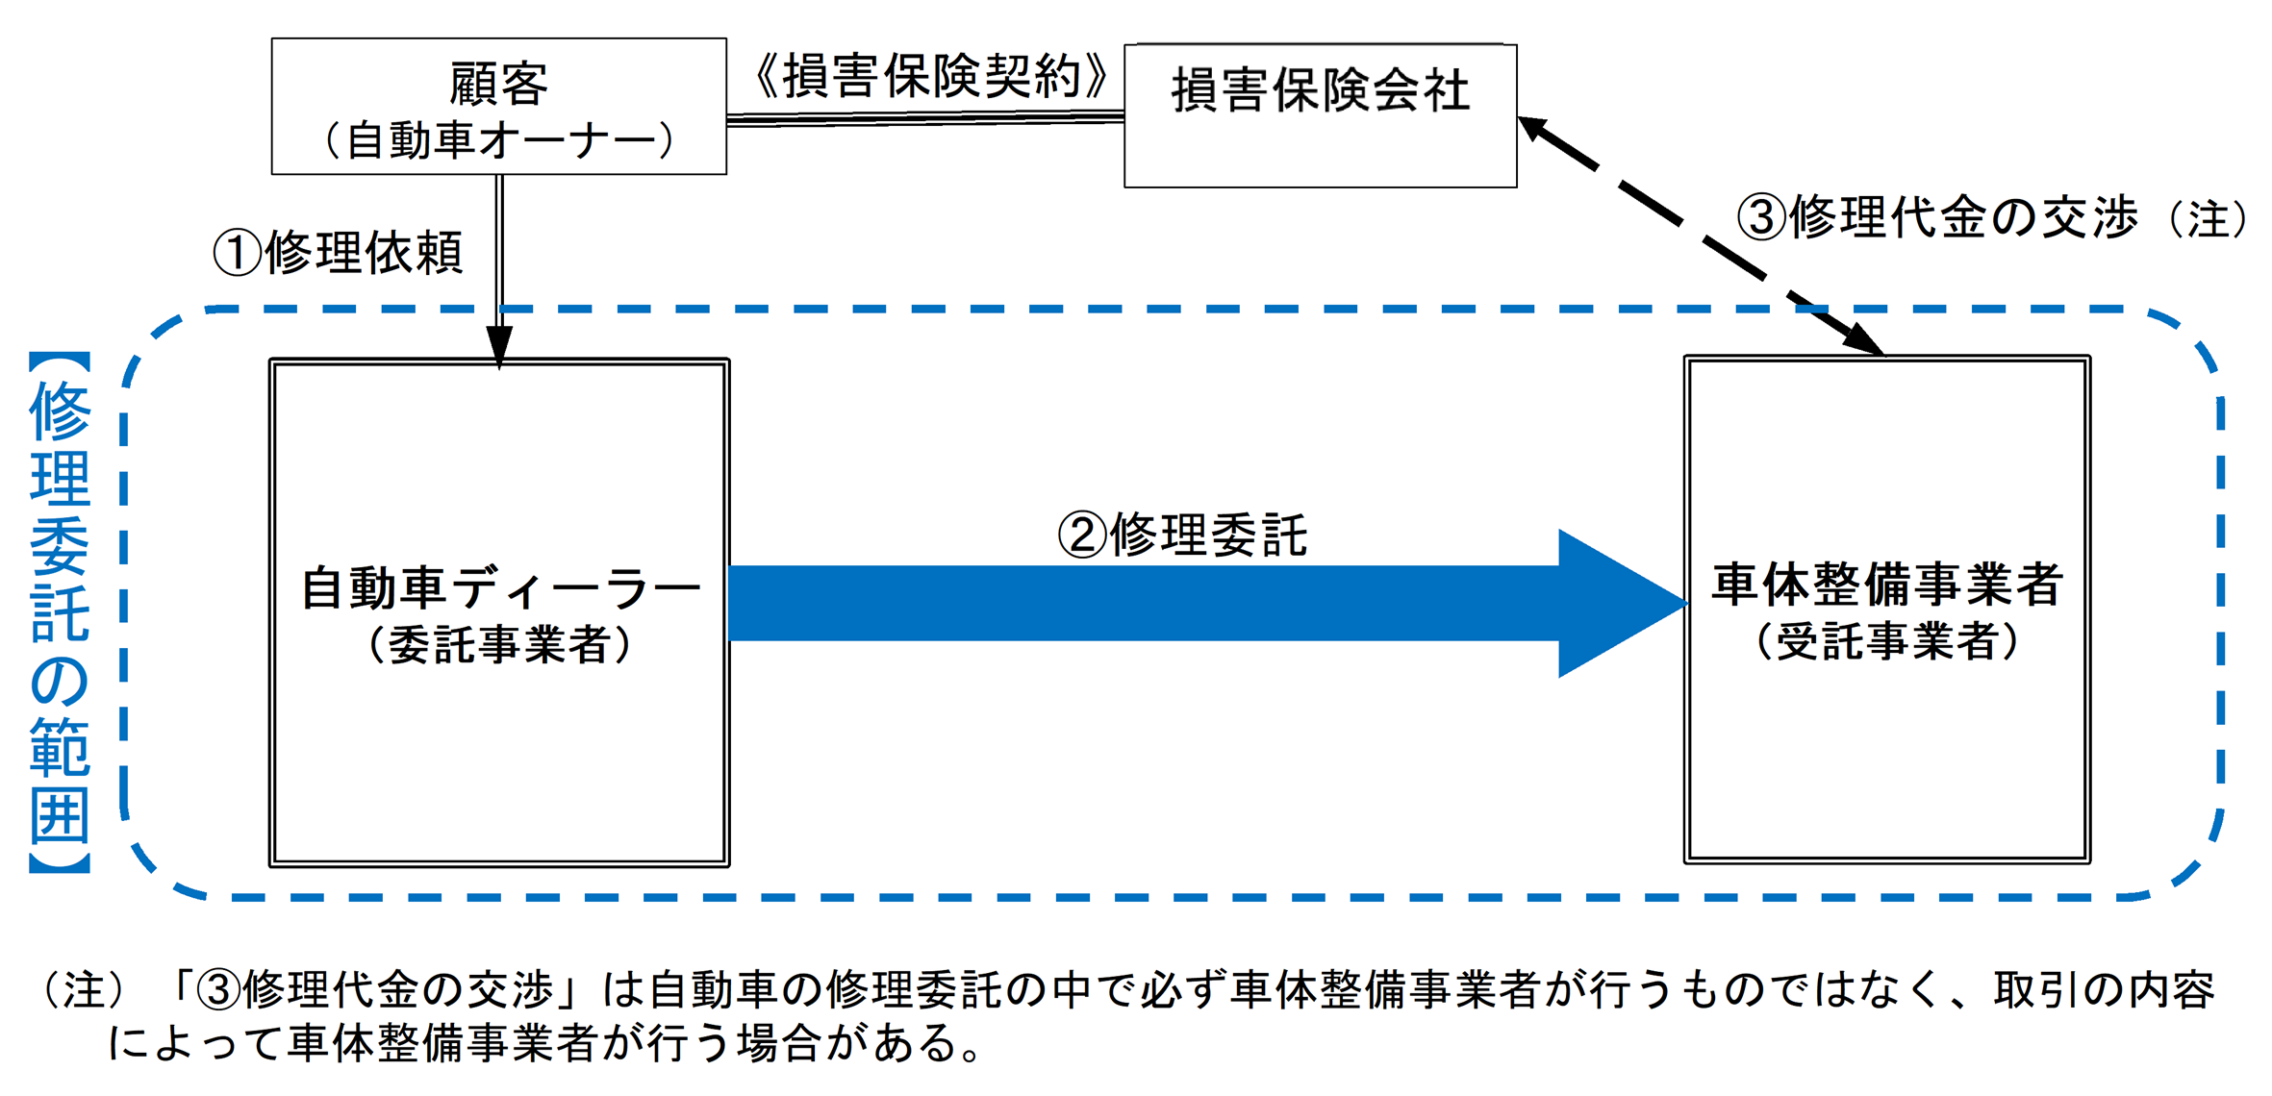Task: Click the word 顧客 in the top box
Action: click(498, 85)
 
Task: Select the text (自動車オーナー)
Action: click(498, 140)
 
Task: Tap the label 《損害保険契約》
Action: click(929, 77)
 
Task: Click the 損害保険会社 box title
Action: click(1320, 91)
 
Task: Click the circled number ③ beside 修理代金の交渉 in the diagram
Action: click(1760, 217)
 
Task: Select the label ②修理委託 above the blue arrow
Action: click(1182, 535)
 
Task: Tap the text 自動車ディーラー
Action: click(500, 588)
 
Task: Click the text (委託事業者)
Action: click(500, 644)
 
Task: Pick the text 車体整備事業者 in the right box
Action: click(1887, 585)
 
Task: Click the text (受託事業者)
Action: click(1887, 641)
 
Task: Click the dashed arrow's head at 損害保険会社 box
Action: click(1534, 128)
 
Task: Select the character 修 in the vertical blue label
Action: click(60, 411)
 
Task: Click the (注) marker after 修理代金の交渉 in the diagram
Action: click(2208, 219)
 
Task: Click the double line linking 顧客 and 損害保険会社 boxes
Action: click(925, 118)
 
